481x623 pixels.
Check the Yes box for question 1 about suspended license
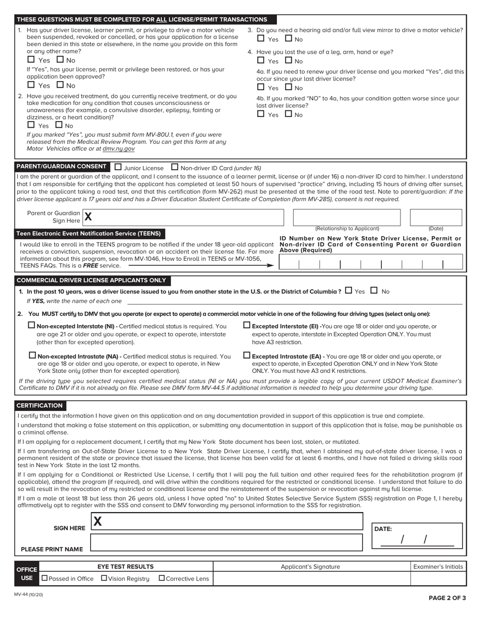tap(31, 60)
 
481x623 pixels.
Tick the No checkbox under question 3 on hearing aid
tap(288, 38)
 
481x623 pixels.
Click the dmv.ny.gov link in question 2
tap(118, 149)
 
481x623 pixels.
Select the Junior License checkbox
tap(118, 167)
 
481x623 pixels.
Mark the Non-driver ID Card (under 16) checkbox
tap(175, 167)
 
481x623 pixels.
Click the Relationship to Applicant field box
tap(346, 217)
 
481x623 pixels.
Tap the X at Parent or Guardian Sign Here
tap(88, 217)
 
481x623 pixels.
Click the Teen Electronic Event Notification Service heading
tap(89, 233)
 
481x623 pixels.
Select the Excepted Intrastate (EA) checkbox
tap(247, 356)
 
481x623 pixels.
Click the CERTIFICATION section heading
tap(39, 405)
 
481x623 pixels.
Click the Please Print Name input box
tap(226, 542)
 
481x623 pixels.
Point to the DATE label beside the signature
tap(383, 528)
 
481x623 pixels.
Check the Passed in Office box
tap(45, 578)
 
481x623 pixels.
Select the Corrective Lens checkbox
tap(162, 578)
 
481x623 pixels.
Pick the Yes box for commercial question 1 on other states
tap(348, 291)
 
